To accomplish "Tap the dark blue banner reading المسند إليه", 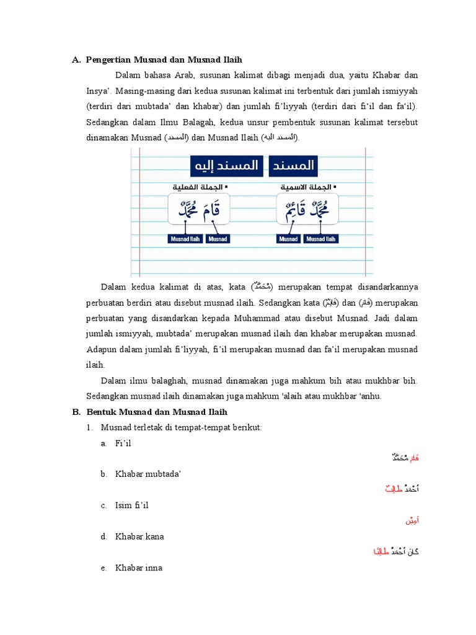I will click(226, 166).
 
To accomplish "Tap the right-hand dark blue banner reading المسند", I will click(293, 166).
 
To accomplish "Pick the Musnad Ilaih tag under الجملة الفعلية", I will click(186, 239).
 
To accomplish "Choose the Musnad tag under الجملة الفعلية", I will click(217, 239).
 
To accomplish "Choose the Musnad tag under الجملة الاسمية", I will click(288, 239).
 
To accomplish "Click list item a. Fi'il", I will click(123, 443).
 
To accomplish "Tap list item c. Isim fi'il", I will click(131, 505).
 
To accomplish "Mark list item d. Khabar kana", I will click(139, 536).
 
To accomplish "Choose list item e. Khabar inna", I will click(138, 567).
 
